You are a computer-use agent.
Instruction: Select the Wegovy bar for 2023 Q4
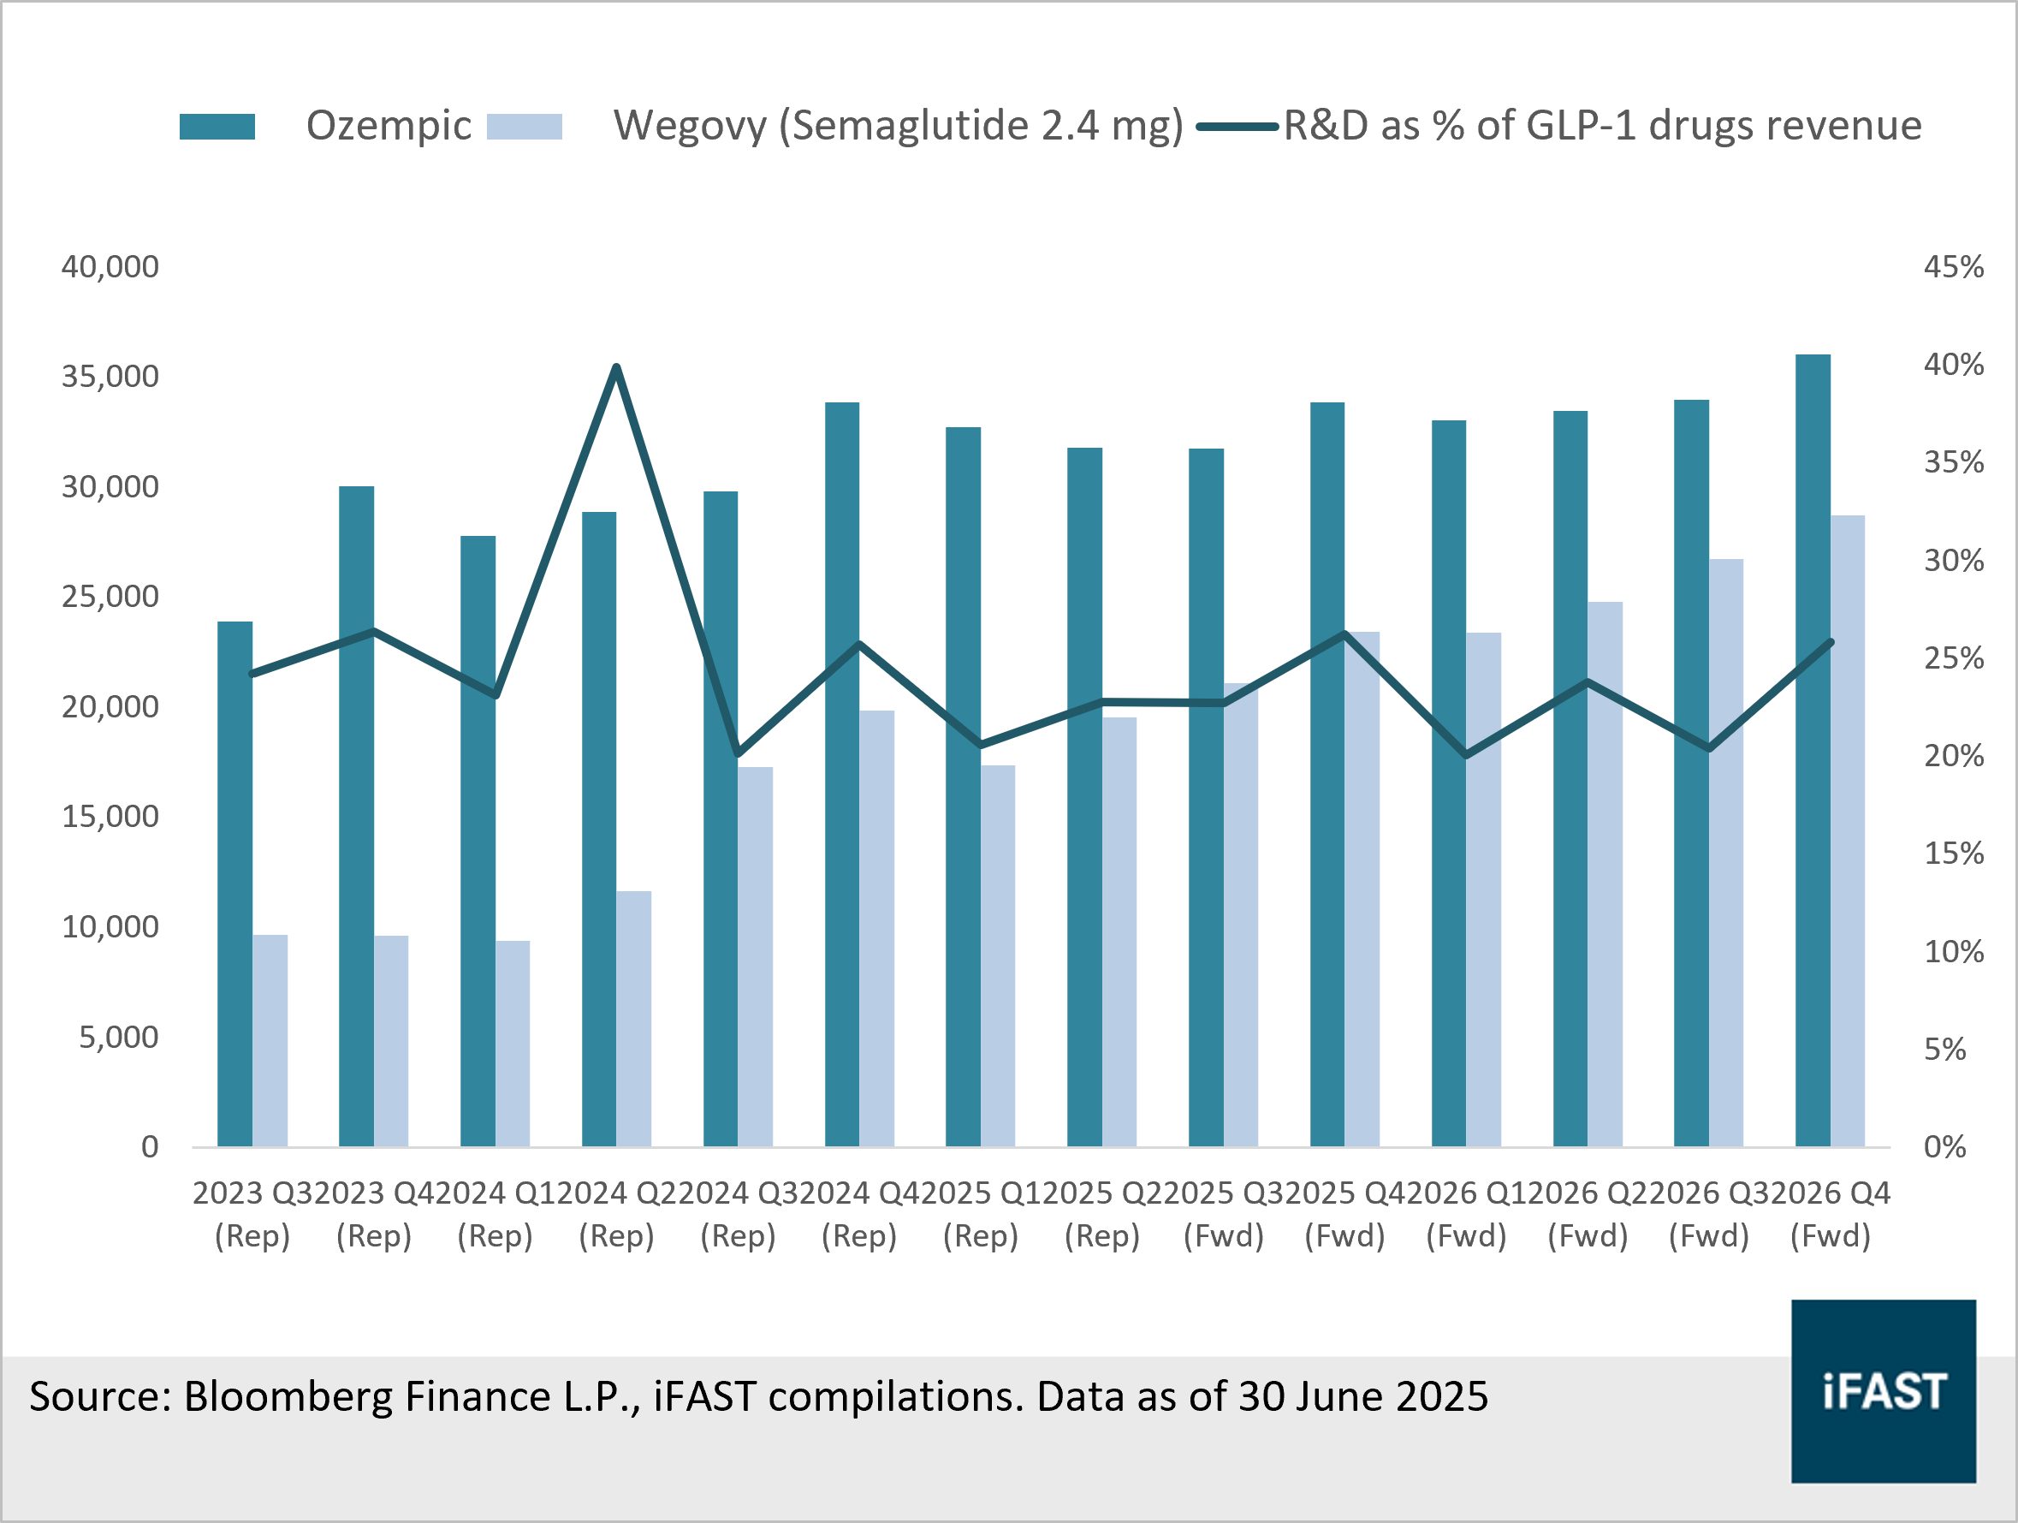pyautogui.click(x=391, y=1040)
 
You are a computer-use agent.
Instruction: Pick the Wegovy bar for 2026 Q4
pyautogui.click(x=1848, y=830)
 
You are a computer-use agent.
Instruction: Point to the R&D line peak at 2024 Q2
pyautogui.click(x=617, y=368)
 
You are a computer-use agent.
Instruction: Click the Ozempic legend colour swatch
pyautogui.click(x=217, y=127)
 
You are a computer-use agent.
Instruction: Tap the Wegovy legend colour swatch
pyautogui.click(x=525, y=127)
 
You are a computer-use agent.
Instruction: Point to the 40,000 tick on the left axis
pyautogui.click(x=110, y=266)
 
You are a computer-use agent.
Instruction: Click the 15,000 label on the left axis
pyautogui.click(x=110, y=817)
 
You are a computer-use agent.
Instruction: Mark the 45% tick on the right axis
pyautogui.click(x=1953, y=266)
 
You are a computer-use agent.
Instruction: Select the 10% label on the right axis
pyautogui.click(x=1953, y=952)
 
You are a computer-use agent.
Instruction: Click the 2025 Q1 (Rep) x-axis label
pyautogui.click(x=981, y=1215)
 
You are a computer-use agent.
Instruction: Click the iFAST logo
pyautogui.click(x=1883, y=1390)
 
